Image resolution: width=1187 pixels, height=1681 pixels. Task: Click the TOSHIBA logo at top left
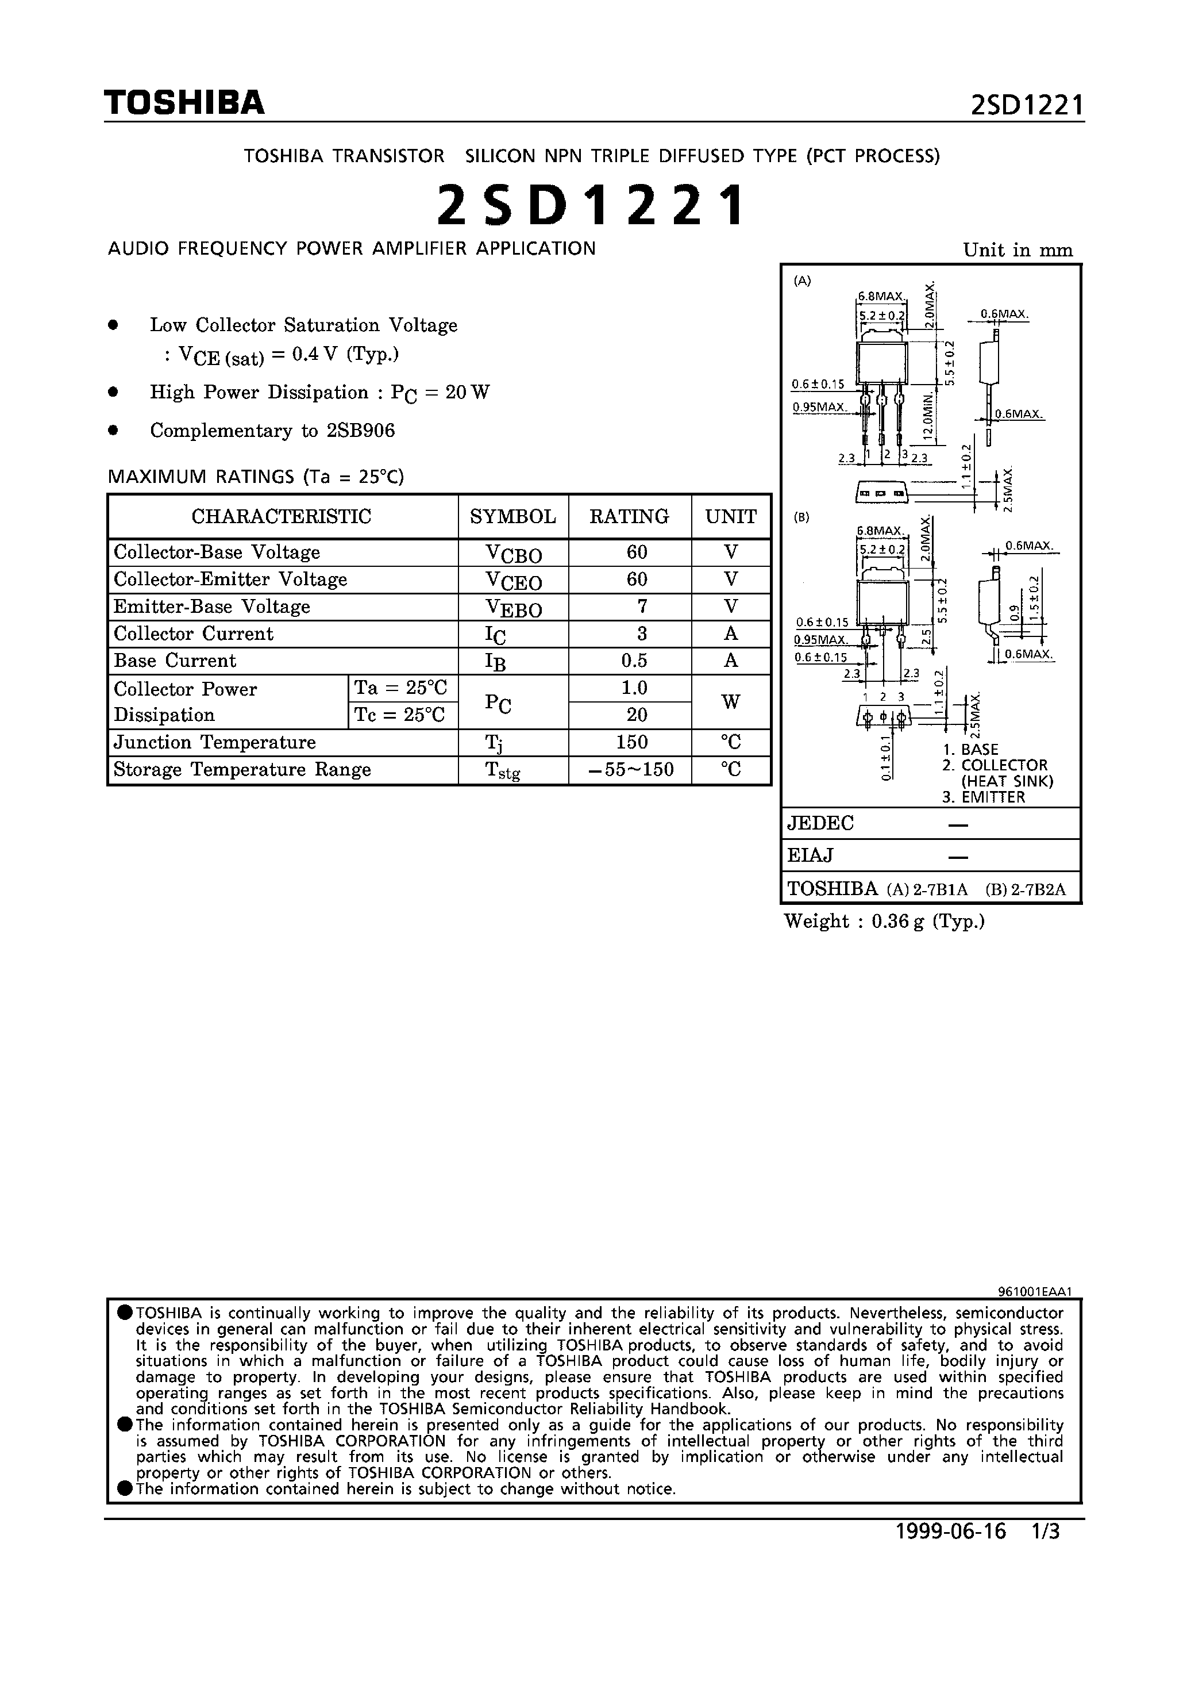click(184, 103)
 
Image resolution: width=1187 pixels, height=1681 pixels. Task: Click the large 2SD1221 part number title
click(591, 206)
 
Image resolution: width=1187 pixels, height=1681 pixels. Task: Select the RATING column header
click(629, 517)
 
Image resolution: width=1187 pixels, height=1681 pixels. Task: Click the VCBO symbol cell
click(513, 554)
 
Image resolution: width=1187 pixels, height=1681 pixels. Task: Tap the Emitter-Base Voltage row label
click(211, 607)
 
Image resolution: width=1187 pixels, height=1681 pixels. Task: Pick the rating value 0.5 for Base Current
click(634, 661)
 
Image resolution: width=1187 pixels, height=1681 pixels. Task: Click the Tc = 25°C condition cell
click(400, 715)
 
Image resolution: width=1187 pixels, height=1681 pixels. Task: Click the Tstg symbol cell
click(503, 771)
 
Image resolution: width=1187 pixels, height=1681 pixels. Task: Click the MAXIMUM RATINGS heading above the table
click(256, 477)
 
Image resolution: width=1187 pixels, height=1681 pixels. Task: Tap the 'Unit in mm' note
click(1017, 251)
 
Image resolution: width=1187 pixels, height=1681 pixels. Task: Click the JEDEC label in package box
click(820, 824)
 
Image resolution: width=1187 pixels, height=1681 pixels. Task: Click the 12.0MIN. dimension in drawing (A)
click(928, 415)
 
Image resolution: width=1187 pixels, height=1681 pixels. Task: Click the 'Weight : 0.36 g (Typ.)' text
click(884, 922)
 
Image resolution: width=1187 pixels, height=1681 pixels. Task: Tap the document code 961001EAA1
click(1034, 1292)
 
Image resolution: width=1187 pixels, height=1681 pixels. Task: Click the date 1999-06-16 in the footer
click(951, 1552)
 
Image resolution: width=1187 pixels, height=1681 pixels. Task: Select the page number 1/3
click(1045, 1552)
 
